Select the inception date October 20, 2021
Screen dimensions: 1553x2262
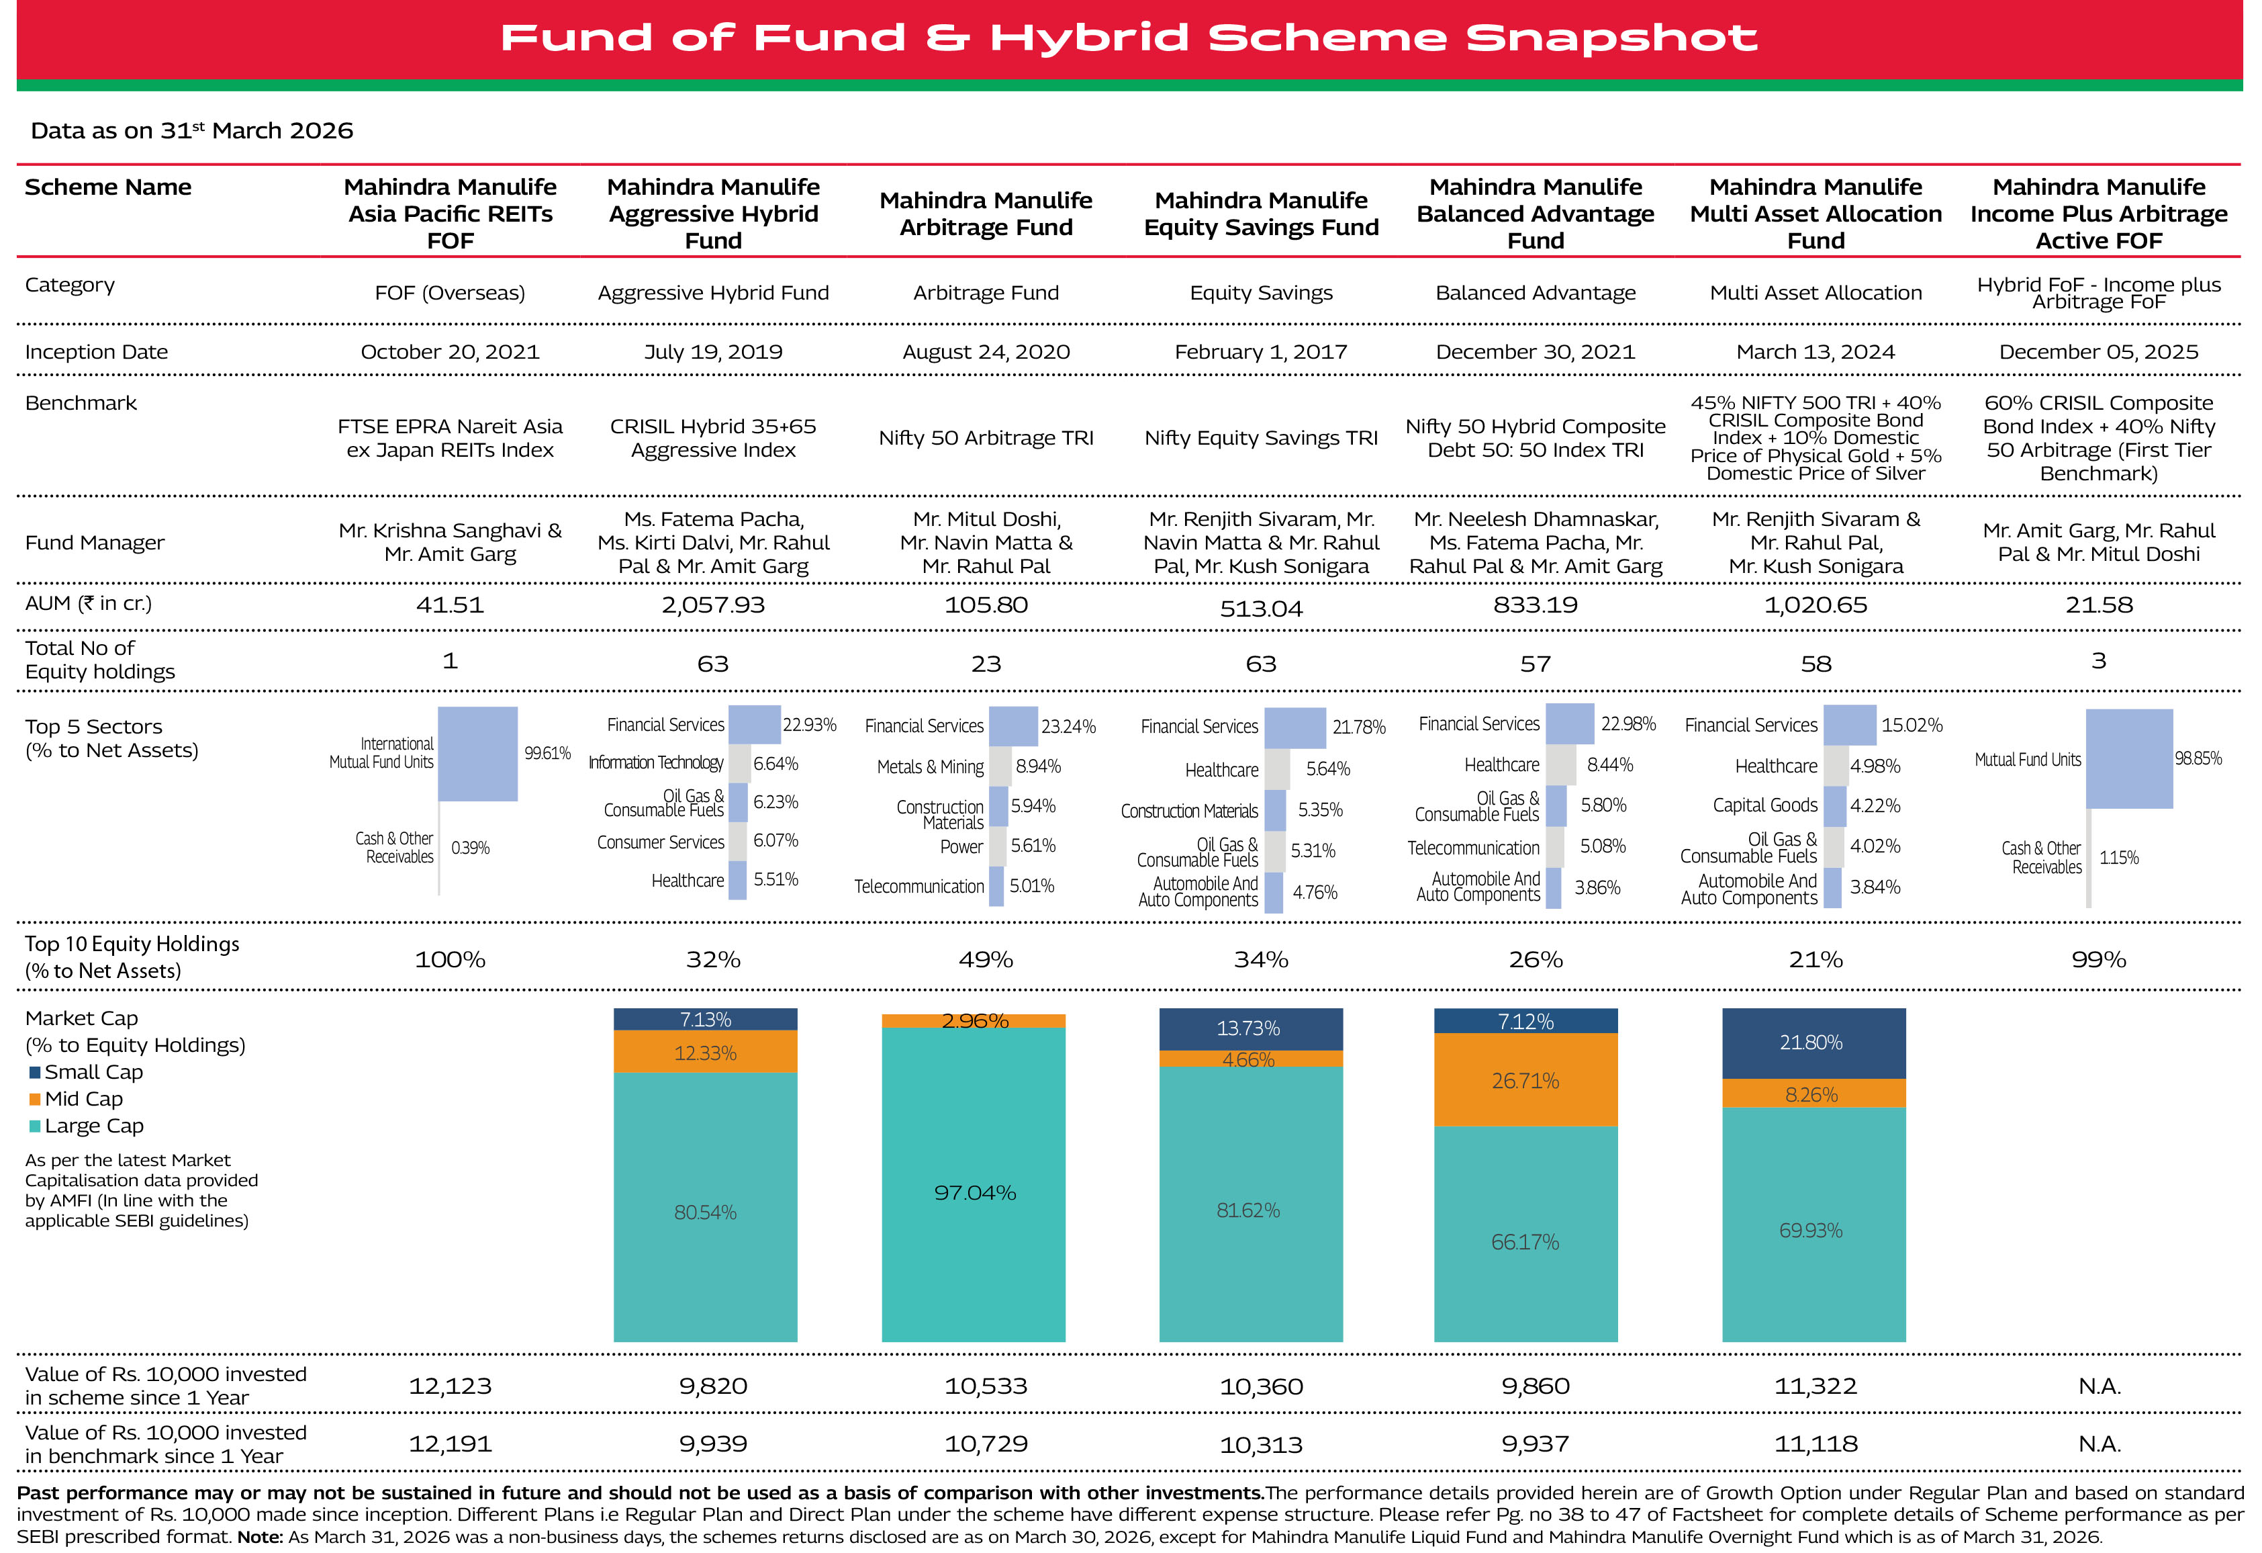click(450, 351)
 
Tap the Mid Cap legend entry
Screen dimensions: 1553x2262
click(84, 1098)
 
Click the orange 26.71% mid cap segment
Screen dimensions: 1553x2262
click(1525, 1080)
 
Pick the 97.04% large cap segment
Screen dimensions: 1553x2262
click(974, 1192)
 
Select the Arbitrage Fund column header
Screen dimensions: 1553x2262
click(986, 213)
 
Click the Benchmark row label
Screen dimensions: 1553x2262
click(81, 403)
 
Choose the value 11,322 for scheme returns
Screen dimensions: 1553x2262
click(1816, 1386)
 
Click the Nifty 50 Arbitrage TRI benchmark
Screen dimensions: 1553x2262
click(986, 438)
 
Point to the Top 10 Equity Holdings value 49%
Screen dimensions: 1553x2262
click(986, 959)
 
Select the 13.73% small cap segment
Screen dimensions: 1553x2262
click(1250, 1028)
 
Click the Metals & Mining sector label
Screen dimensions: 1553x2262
click(929, 767)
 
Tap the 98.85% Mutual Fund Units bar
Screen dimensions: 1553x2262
click(2128, 758)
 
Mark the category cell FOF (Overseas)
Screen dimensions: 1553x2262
click(450, 293)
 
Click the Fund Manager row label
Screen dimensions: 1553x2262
click(95, 542)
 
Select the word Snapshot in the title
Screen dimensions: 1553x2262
click(1611, 38)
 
